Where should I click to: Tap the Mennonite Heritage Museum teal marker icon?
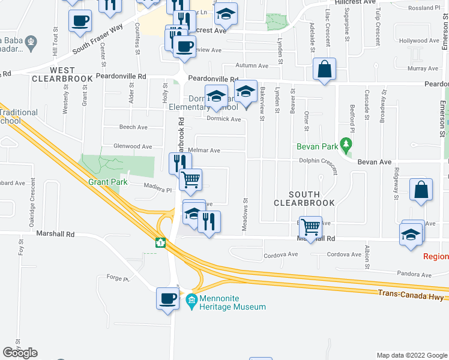point(191,299)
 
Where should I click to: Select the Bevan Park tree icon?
point(346,144)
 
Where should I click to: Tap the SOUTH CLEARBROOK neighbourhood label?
point(303,199)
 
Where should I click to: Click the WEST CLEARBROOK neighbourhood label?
point(62,74)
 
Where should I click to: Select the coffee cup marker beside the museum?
point(168,298)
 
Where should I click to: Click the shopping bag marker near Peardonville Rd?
point(324,69)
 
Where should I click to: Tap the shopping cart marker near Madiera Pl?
point(190,179)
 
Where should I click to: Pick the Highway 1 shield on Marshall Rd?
point(160,242)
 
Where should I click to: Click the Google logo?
point(20,353)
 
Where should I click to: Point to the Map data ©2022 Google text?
point(411,355)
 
